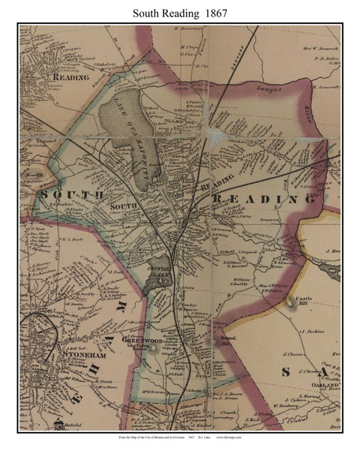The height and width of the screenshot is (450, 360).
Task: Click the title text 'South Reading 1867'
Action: pyautogui.click(x=179, y=12)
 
